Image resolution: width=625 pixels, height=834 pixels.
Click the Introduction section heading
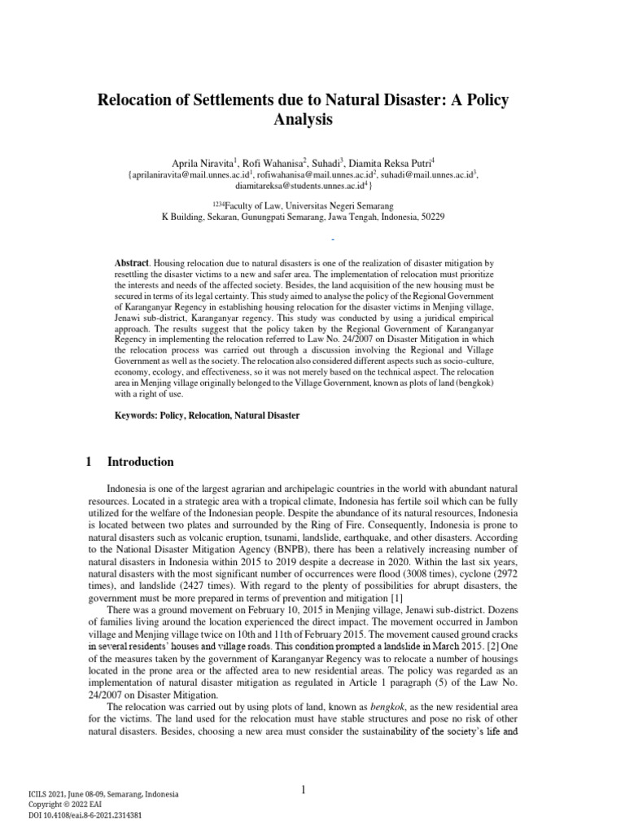tap(141, 462)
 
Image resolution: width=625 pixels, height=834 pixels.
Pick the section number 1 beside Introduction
tap(89, 462)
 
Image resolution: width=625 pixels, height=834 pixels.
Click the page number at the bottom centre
tap(303, 789)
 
